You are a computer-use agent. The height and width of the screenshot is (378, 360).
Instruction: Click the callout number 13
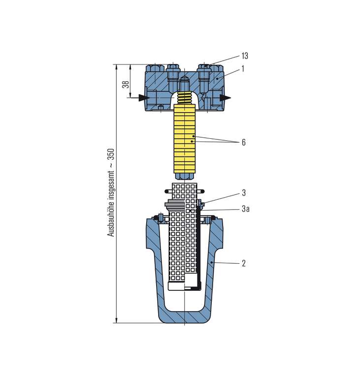click(x=245, y=56)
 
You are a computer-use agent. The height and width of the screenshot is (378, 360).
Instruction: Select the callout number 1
click(x=243, y=69)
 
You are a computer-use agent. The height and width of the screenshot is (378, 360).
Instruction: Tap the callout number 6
click(x=244, y=142)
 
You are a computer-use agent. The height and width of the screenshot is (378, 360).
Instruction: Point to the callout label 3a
click(x=246, y=209)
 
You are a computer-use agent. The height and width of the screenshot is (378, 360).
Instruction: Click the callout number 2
click(x=244, y=263)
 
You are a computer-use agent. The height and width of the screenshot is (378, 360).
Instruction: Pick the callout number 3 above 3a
click(x=244, y=193)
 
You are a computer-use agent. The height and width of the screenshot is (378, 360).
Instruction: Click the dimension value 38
click(x=126, y=84)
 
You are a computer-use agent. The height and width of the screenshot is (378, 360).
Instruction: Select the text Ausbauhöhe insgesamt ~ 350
click(x=110, y=192)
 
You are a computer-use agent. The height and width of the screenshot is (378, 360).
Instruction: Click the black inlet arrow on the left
click(x=144, y=97)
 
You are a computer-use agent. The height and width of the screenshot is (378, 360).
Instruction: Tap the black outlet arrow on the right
click(x=226, y=97)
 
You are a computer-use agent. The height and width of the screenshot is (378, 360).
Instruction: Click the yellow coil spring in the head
click(x=185, y=97)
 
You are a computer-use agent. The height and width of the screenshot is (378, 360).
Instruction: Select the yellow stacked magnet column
click(x=184, y=139)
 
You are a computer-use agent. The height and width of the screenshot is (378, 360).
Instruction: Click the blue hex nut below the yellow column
click(x=184, y=177)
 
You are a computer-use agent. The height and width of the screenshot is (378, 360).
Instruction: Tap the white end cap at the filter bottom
click(x=176, y=286)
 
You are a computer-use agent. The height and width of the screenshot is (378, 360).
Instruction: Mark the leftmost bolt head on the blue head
click(x=155, y=68)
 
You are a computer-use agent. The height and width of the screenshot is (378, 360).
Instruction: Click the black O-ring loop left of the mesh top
click(x=168, y=191)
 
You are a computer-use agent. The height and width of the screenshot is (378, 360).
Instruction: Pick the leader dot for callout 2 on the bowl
click(x=211, y=262)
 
